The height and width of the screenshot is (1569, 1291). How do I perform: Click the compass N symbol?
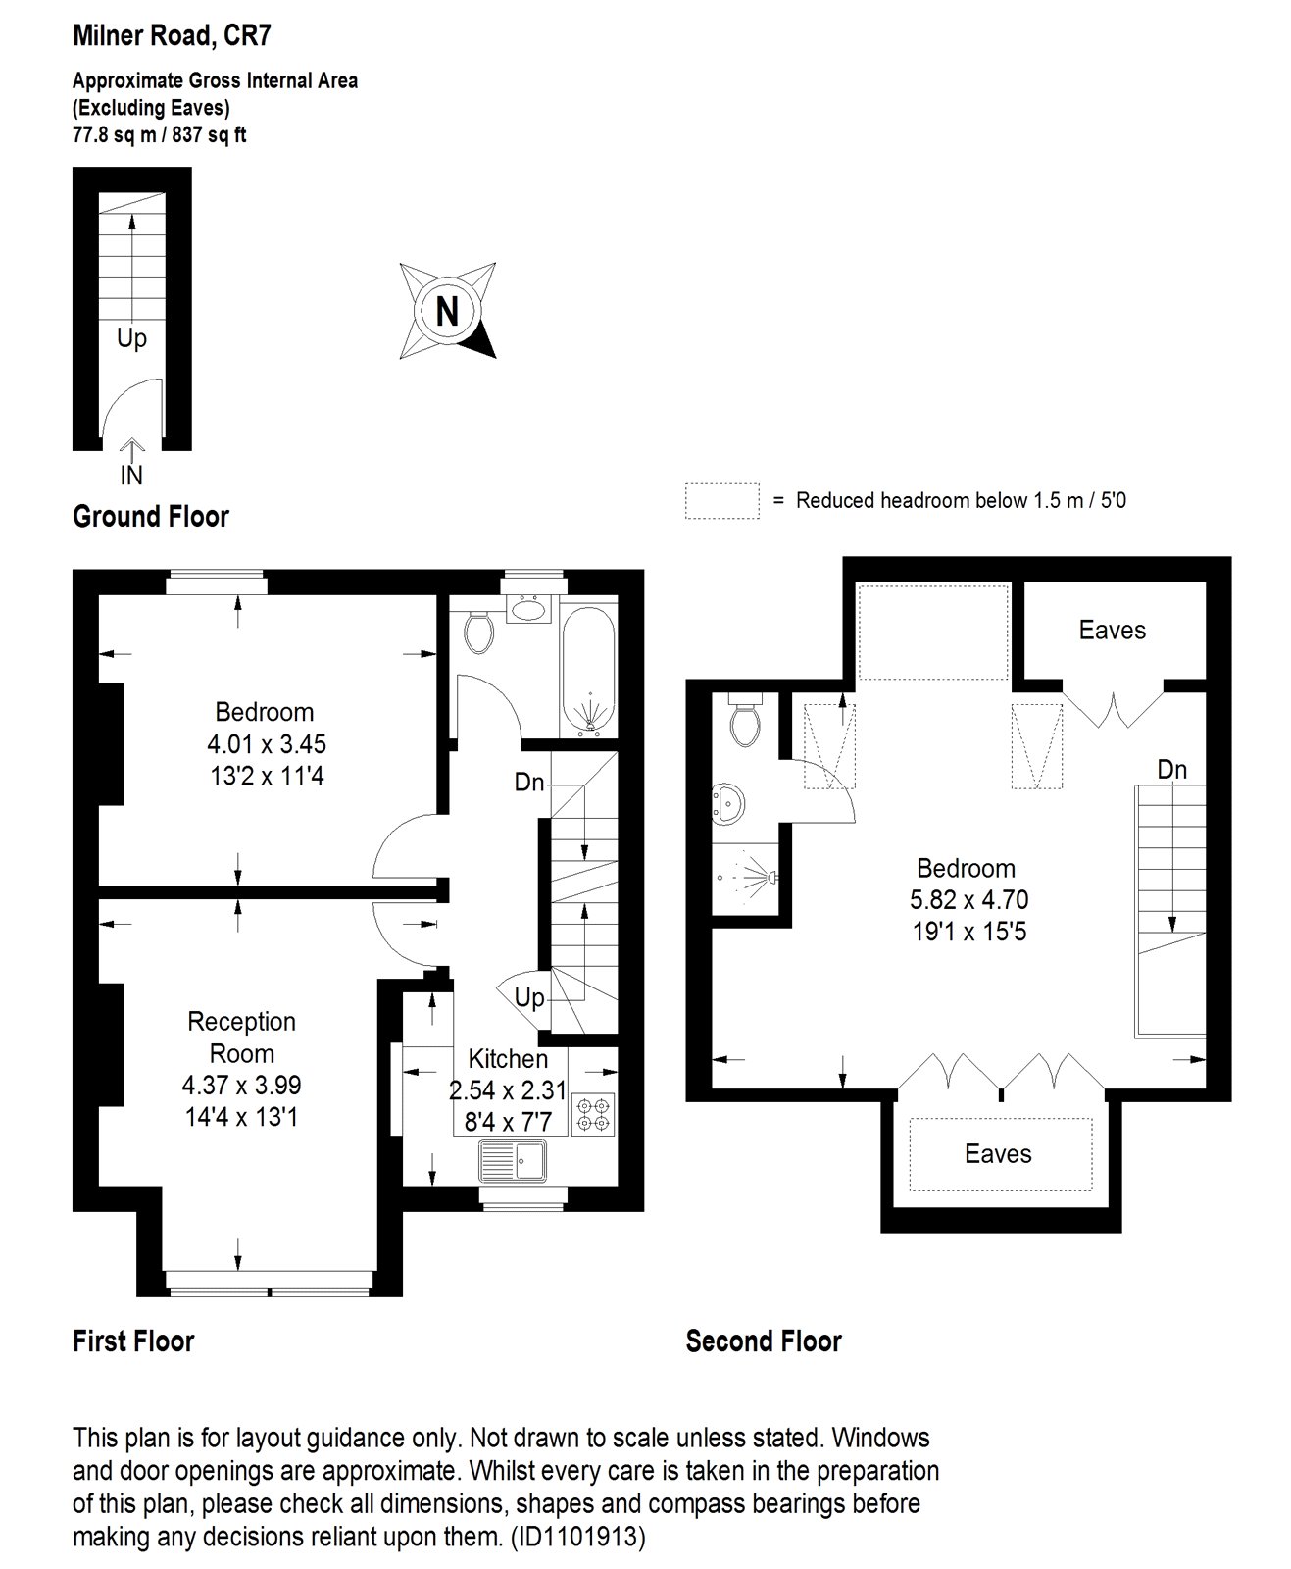click(x=447, y=311)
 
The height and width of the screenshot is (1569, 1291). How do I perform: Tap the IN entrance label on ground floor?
click(x=131, y=475)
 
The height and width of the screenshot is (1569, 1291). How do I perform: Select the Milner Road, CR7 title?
click(x=172, y=36)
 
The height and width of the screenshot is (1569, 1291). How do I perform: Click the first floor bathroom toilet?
click(x=479, y=632)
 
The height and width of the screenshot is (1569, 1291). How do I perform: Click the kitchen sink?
click(x=513, y=1162)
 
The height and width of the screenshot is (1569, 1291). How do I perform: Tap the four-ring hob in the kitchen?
click(x=593, y=1115)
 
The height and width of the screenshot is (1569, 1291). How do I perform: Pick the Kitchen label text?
click(x=507, y=1059)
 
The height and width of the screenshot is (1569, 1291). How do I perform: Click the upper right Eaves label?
click(x=1112, y=630)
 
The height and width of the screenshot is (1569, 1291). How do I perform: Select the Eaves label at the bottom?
click(x=998, y=1153)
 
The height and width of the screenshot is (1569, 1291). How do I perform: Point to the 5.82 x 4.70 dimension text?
click(x=968, y=899)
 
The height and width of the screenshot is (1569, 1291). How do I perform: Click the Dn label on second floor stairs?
click(x=1171, y=770)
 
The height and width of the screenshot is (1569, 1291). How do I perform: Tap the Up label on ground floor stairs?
click(x=131, y=338)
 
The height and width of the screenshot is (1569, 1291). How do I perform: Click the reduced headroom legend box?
click(x=721, y=500)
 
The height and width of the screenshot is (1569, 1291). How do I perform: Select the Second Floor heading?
click(x=764, y=1341)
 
